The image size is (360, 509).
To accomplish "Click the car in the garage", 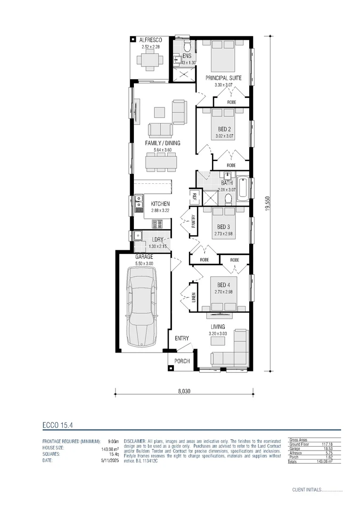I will click(x=141, y=311).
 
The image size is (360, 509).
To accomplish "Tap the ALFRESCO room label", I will click(x=151, y=41).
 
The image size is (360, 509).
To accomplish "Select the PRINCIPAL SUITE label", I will click(x=224, y=78).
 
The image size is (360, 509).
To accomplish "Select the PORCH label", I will click(x=182, y=361).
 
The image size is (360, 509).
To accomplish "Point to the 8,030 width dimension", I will click(x=184, y=391).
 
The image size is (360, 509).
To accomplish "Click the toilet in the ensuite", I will click(x=187, y=47).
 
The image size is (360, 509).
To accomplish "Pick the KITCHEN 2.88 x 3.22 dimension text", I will click(x=160, y=210).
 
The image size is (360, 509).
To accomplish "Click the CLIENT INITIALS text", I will click(x=306, y=490).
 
